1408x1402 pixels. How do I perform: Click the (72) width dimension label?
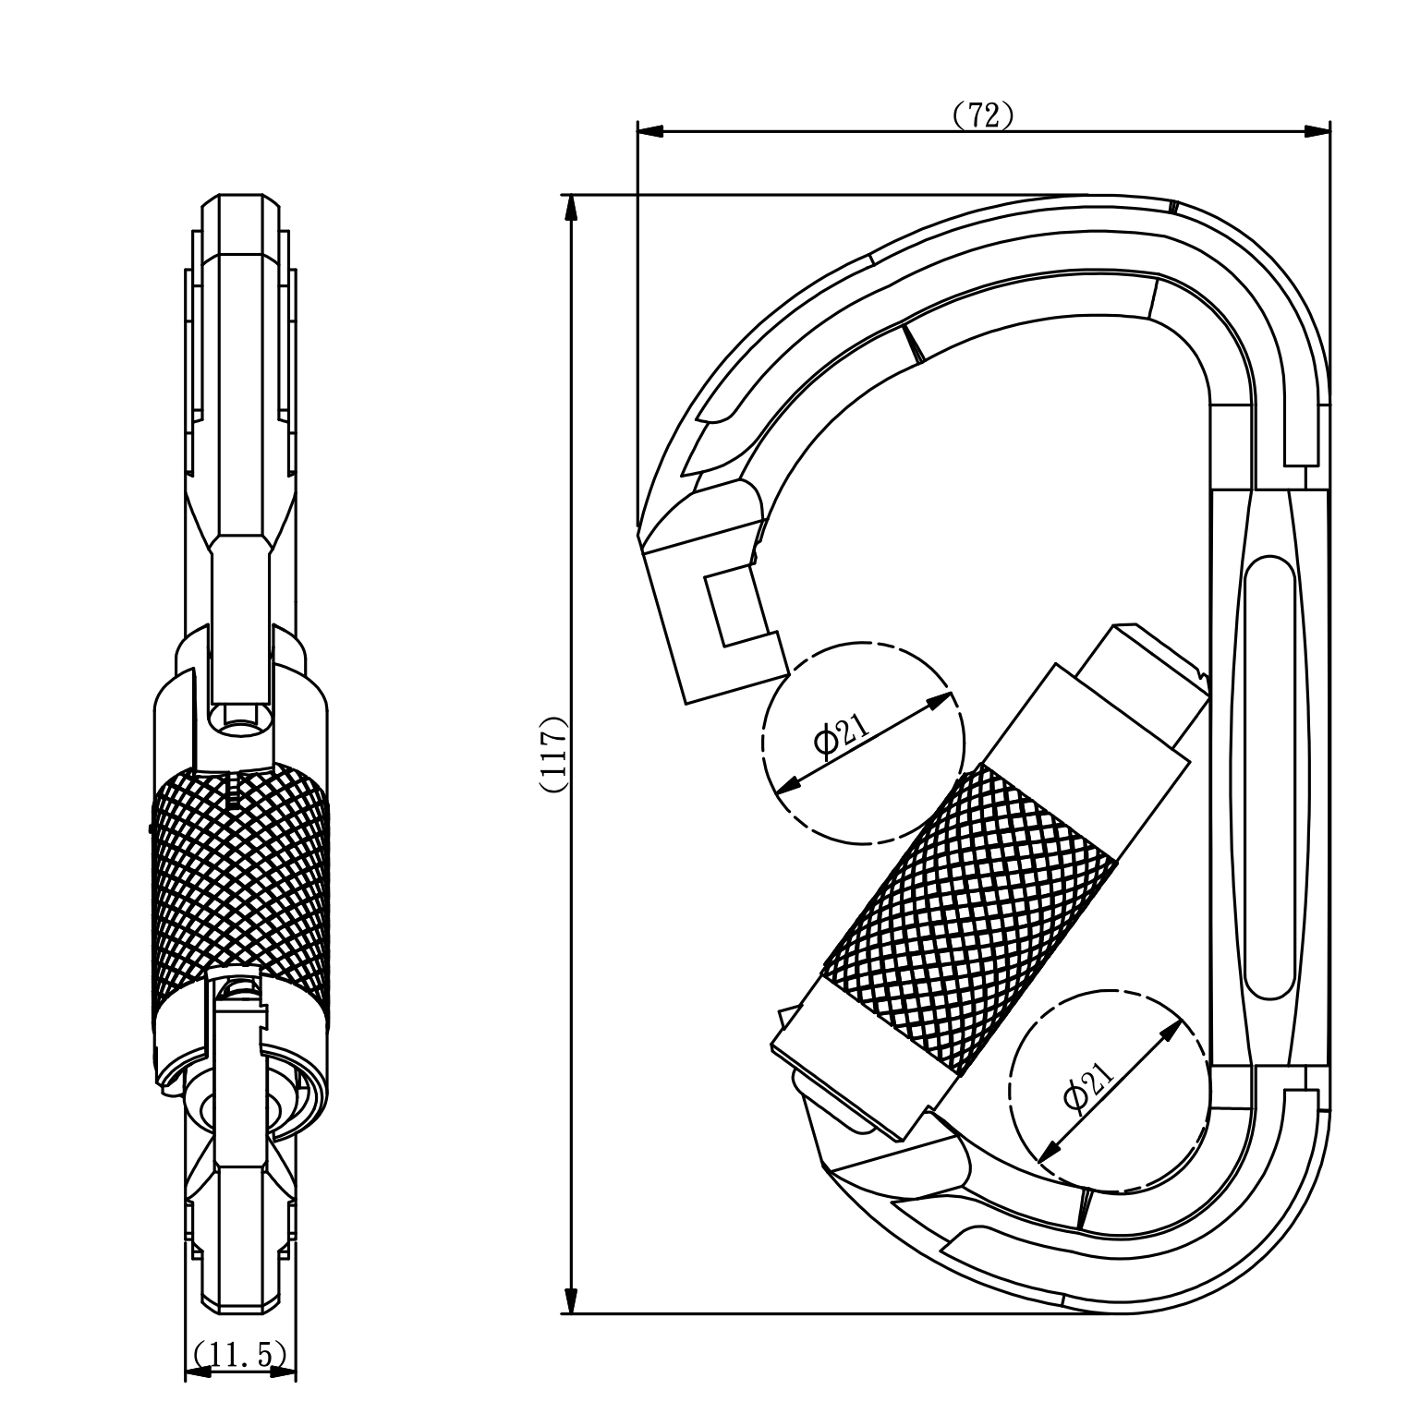tap(983, 115)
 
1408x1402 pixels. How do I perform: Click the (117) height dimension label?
tap(553, 755)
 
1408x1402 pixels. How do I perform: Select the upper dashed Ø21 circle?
tap(863, 743)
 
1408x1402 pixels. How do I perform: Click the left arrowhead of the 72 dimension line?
tap(650, 132)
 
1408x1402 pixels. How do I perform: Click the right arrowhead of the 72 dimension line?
tap(1317, 132)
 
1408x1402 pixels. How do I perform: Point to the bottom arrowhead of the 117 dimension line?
tap(573, 1298)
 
